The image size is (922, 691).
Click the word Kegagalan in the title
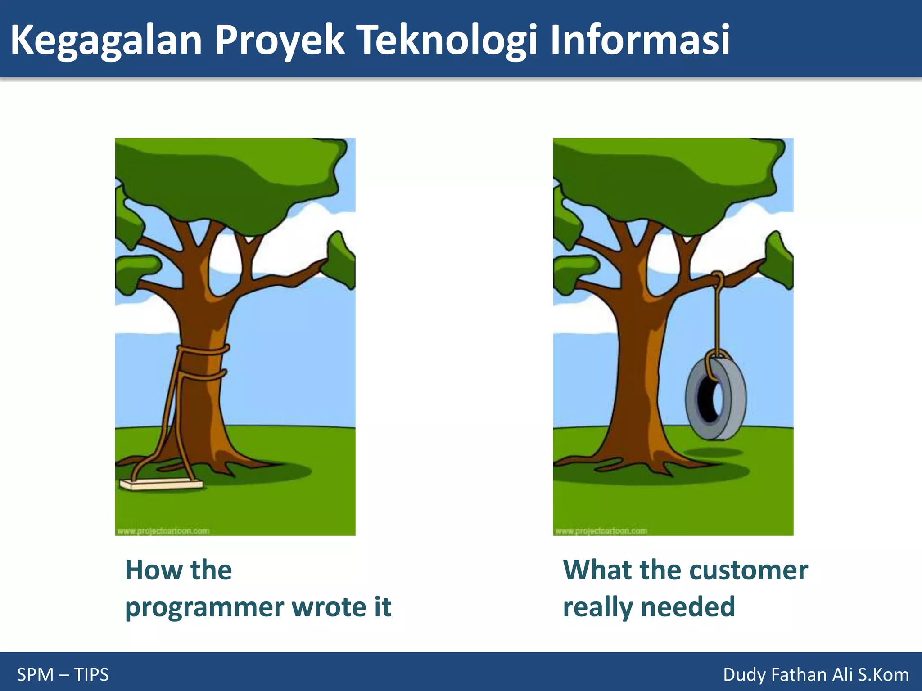[106, 40]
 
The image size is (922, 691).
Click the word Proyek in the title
[279, 40]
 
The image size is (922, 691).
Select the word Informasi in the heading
[639, 40]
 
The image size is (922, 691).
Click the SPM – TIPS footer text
[63, 675]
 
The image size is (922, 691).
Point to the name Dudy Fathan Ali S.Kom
[816, 675]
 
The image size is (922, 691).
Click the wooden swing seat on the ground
[161, 485]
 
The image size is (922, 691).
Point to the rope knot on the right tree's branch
[718, 279]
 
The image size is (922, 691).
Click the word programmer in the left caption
[204, 607]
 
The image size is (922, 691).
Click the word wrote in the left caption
[329, 607]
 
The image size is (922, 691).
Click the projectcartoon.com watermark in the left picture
[163, 531]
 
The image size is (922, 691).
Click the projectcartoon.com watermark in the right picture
[601, 531]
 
